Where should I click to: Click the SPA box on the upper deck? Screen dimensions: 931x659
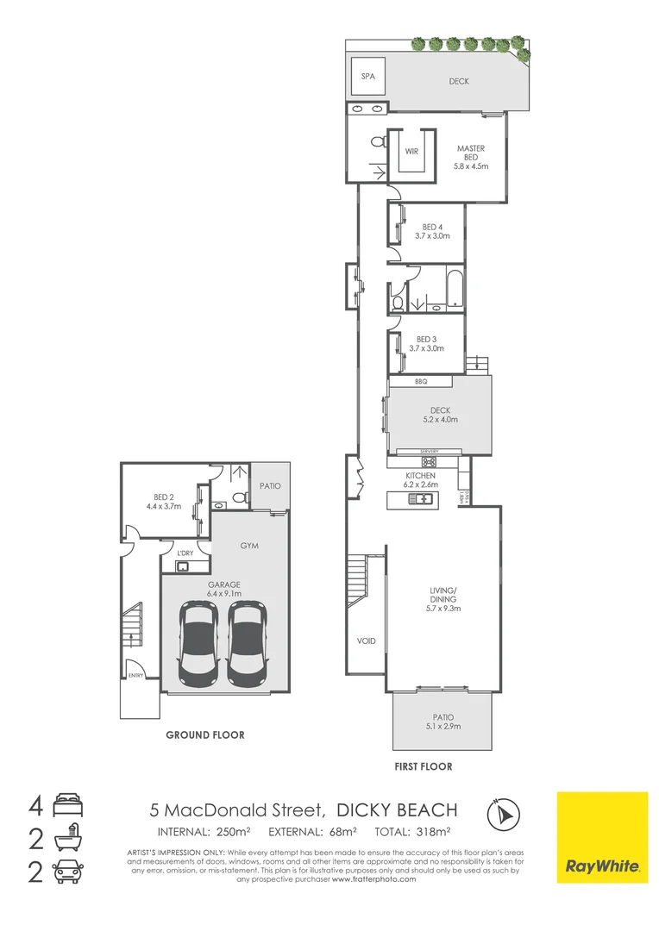pyautogui.click(x=367, y=77)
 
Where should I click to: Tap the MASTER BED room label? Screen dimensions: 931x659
pyautogui.click(x=472, y=153)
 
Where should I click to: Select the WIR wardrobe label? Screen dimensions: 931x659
pyautogui.click(x=411, y=151)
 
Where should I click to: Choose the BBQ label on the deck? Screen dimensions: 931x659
pyautogui.click(x=421, y=381)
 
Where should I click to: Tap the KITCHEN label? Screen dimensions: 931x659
pyautogui.click(x=420, y=476)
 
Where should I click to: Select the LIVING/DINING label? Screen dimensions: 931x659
pyautogui.click(x=442, y=595)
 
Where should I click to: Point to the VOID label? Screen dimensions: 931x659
pyautogui.click(x=366, y=641)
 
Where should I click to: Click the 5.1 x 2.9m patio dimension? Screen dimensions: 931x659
pyautogui.click(x=442, y=727)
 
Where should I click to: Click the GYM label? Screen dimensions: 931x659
pyautogui.click(x=250, y=547)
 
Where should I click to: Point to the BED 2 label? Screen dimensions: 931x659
pyautogui.click(x=161, y=497)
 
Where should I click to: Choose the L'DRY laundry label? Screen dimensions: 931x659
pyautogui.click(x=184, y=553)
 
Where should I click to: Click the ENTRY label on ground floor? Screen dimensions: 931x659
pyautogui.click(x=136, y=676)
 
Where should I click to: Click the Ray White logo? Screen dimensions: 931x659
pyautogui.click(x=601, y=837)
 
